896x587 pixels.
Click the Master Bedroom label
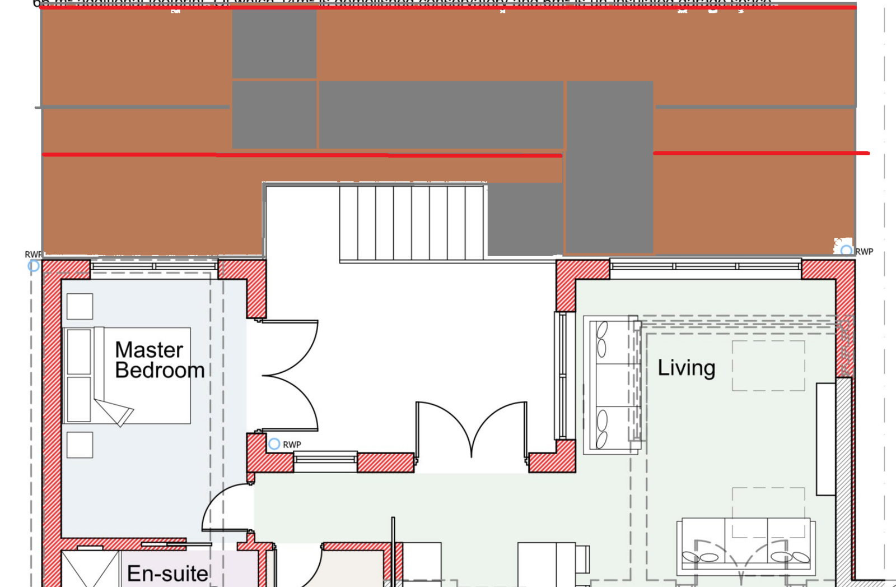coord(159,360)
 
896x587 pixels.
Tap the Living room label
coord(686,368)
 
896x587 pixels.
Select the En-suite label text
coord(167,574)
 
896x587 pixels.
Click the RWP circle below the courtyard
coord(274,444)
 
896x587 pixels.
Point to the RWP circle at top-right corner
coord(846,251)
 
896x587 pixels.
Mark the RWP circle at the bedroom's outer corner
coord(34,266)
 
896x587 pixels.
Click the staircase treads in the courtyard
coord(412,223)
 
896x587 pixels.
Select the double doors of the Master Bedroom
coord(290,375)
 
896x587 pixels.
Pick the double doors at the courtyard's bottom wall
coord(471,429)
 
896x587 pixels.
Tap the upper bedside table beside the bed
coord(80,307)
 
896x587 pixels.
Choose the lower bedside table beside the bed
coord(80,445)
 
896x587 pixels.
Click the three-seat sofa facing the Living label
coord(610,385)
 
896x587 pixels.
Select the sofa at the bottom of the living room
coord(745,545)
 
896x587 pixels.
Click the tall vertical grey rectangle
coord(610,167)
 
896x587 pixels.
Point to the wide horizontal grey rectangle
coord(441,114)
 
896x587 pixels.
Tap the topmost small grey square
coord(274,44)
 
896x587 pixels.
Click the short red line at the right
coord(761,152)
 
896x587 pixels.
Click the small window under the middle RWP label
coord(325,460)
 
